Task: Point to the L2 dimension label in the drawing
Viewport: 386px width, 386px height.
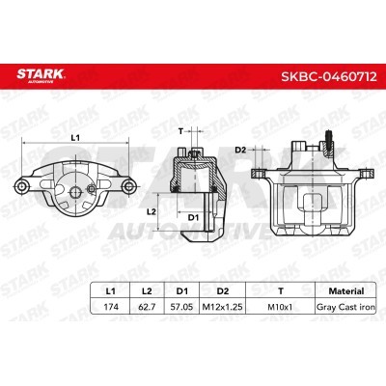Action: point(151,210)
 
